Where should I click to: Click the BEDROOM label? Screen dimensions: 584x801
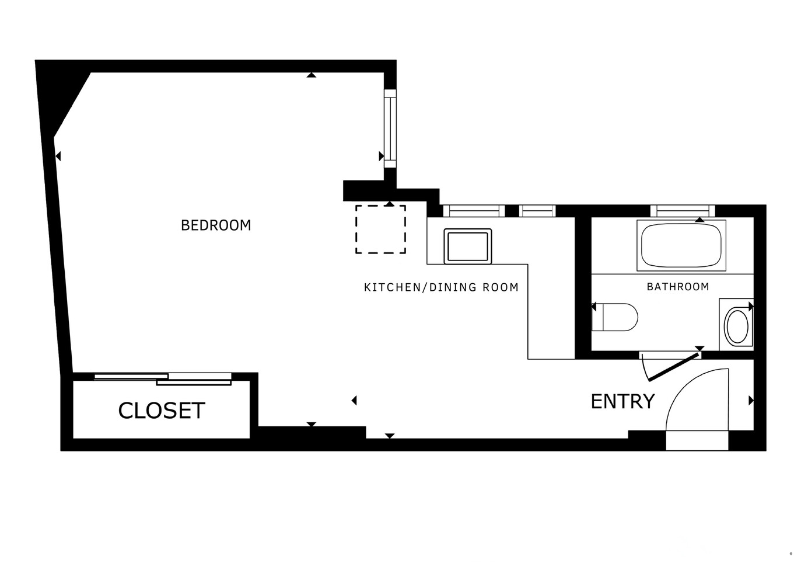(216, 225)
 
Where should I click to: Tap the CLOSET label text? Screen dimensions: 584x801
(162, 411)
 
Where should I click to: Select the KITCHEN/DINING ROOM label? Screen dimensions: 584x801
(441, 287)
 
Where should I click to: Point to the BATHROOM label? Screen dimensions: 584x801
(678, 286)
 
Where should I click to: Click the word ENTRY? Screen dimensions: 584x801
(622, 402)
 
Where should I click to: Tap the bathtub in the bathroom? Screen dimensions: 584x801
(681, 245)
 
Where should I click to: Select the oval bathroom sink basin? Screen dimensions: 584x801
(737, 326)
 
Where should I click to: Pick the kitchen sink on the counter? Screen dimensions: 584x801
(467, 245)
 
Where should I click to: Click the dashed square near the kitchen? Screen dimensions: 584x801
(380, 229)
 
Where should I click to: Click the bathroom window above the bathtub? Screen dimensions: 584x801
(682, 210)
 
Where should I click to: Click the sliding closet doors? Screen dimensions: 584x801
(163, 378)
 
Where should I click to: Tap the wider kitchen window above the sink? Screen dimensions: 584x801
(473, 210)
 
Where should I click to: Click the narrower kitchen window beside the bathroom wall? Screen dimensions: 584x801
(537, 210)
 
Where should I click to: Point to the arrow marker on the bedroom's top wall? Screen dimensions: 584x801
(312, 74)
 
